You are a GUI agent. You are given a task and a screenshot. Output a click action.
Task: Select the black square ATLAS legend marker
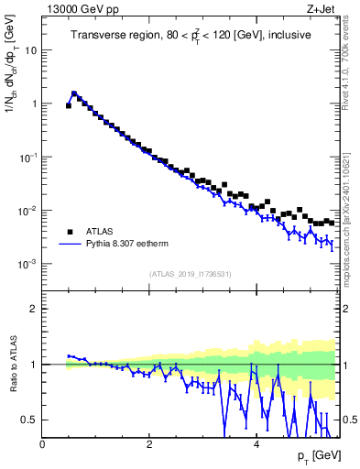[69, 232]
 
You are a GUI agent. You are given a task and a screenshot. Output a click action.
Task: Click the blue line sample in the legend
[69, 245]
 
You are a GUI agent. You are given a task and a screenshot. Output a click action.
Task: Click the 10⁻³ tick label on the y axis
[28, 264]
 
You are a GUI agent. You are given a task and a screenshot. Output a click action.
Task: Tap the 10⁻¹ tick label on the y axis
[28, 158]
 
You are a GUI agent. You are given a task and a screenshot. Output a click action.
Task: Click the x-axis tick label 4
[256, 444]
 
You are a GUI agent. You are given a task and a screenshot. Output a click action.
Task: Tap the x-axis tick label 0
[43, 444]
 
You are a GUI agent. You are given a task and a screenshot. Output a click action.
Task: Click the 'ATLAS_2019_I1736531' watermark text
[190, 274]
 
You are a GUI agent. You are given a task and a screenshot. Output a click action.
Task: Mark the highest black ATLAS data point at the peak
[74, 93]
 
